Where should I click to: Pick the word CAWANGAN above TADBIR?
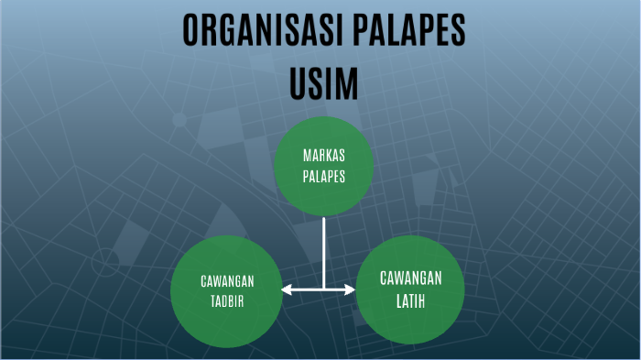tap(227, 281)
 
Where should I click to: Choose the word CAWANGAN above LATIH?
tap(411, 278)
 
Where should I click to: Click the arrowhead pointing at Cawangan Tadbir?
tap(287, 290)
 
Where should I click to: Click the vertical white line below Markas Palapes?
tap(324, 252)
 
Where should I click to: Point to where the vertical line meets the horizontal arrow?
tap(324, 290)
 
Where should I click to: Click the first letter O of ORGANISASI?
tap(190, 31)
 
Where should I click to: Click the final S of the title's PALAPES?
tap(459, 31)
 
